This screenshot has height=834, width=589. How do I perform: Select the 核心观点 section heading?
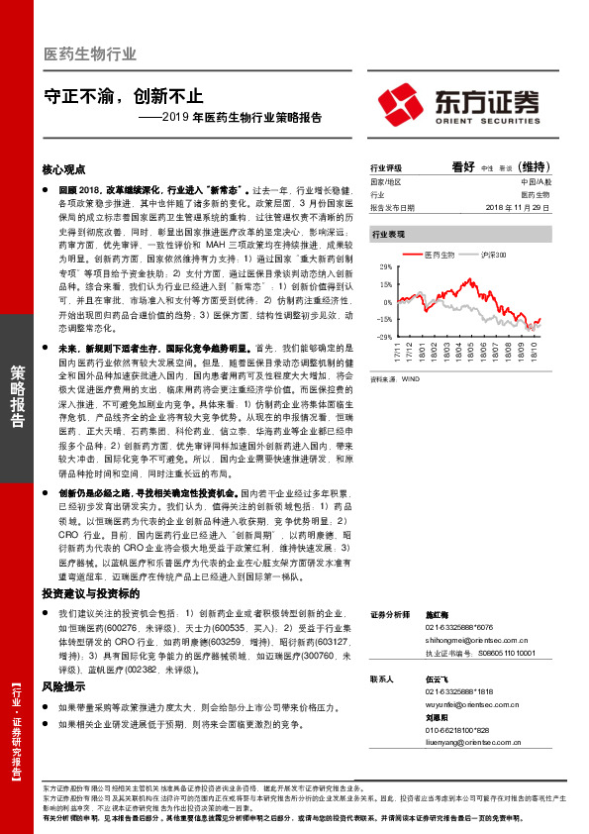(66, 170)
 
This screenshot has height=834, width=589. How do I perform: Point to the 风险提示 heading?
(63, 685)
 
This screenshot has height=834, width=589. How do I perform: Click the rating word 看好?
(464, 167)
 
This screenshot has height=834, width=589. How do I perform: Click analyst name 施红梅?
(436, 614)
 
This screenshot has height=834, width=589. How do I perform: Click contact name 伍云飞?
(437, 678)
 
